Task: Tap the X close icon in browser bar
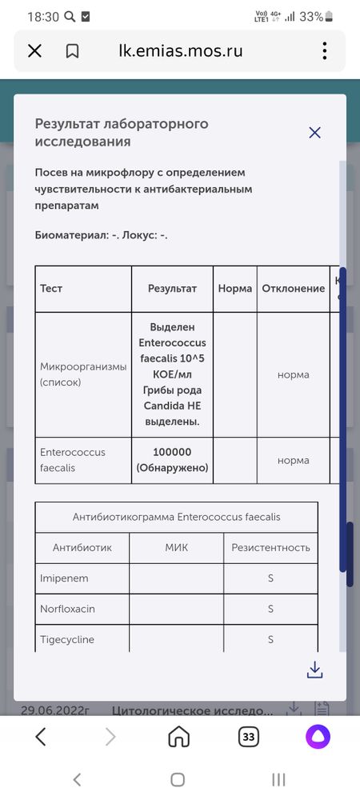(x=34, y=51)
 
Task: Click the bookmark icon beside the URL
(x=72, y=51)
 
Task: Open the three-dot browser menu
(x=325, y=51)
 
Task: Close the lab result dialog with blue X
(x=314, y=133)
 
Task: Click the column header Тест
(x=51, y=288)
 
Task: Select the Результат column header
(x=172, y=288)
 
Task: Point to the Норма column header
(x=235, y=288)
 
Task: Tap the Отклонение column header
(x=294, y=288)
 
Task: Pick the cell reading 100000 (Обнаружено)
(x=172, y=460)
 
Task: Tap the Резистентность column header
(x=270, y=548)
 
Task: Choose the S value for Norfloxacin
(x=270, y=609)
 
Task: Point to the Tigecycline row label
(x=68, y=639)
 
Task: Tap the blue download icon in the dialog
(x=314, y=670)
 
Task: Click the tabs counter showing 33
(x=248, y=736)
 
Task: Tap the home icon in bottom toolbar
(x=179, y=736)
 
